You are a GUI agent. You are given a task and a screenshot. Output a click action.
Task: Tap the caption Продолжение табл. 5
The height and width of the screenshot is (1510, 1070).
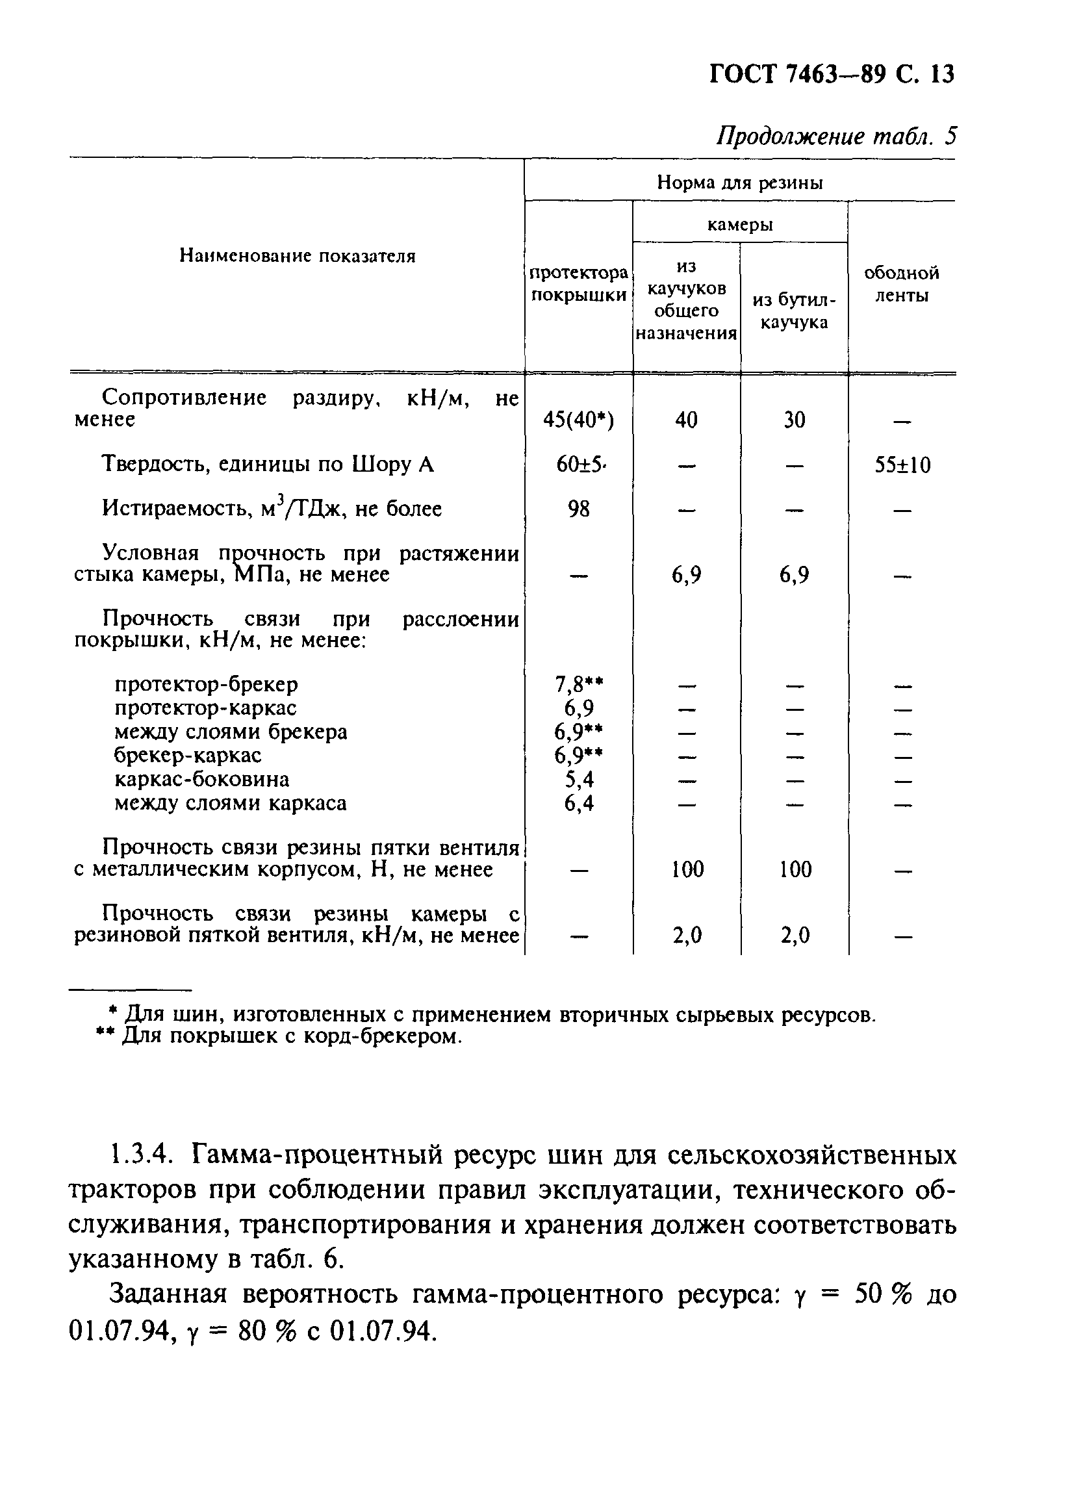point(836,136)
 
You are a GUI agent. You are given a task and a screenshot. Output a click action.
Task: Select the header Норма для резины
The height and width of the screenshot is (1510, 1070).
point(739,183)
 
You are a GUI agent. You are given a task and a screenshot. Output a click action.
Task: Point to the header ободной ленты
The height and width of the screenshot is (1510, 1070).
point(900,284)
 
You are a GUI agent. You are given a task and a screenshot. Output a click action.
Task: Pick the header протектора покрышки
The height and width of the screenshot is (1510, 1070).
point(578,284)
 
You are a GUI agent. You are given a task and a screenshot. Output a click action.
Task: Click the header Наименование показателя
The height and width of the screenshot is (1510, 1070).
point(297,255)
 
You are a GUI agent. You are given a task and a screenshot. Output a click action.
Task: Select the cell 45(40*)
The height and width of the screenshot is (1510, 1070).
point(578,420)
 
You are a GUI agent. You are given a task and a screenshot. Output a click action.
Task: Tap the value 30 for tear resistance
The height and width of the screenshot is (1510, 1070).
point(794,420)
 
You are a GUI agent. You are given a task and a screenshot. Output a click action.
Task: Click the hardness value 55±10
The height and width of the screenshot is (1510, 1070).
point(901,465)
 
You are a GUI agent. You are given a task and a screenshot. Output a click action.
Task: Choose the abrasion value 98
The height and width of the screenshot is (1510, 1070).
point(578,509)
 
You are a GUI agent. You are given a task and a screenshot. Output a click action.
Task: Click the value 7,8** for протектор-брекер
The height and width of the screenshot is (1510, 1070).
point(578,685)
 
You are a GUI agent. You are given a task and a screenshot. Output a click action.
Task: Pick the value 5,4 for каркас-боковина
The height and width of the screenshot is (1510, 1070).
point(578,780)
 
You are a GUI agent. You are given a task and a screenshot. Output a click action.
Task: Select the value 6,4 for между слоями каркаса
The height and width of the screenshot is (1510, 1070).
point(578,803)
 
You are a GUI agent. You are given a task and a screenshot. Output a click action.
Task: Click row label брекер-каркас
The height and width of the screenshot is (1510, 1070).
point(188,755)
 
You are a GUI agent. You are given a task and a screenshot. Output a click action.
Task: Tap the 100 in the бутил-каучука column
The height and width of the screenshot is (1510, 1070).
point(795,869)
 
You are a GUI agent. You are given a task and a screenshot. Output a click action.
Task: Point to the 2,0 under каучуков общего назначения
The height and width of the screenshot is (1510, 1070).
point(687,935)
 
